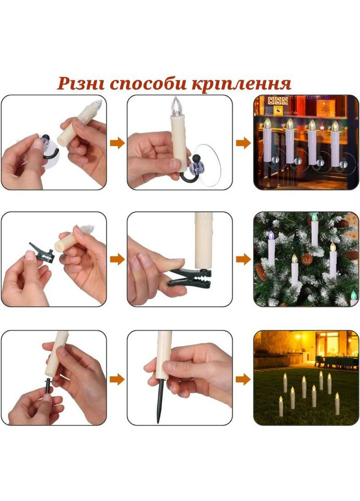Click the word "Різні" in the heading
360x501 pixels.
[81, 83]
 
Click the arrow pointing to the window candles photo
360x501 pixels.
[243, 143]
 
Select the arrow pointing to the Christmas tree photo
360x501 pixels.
[243, 259]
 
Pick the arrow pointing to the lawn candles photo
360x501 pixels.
[243, 379]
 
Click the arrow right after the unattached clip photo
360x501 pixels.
[117, 259]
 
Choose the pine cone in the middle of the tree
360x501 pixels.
[307, 259]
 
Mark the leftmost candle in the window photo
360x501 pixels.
[267, 140]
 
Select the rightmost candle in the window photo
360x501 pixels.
[335, 143]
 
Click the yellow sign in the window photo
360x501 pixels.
[279, 110]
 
